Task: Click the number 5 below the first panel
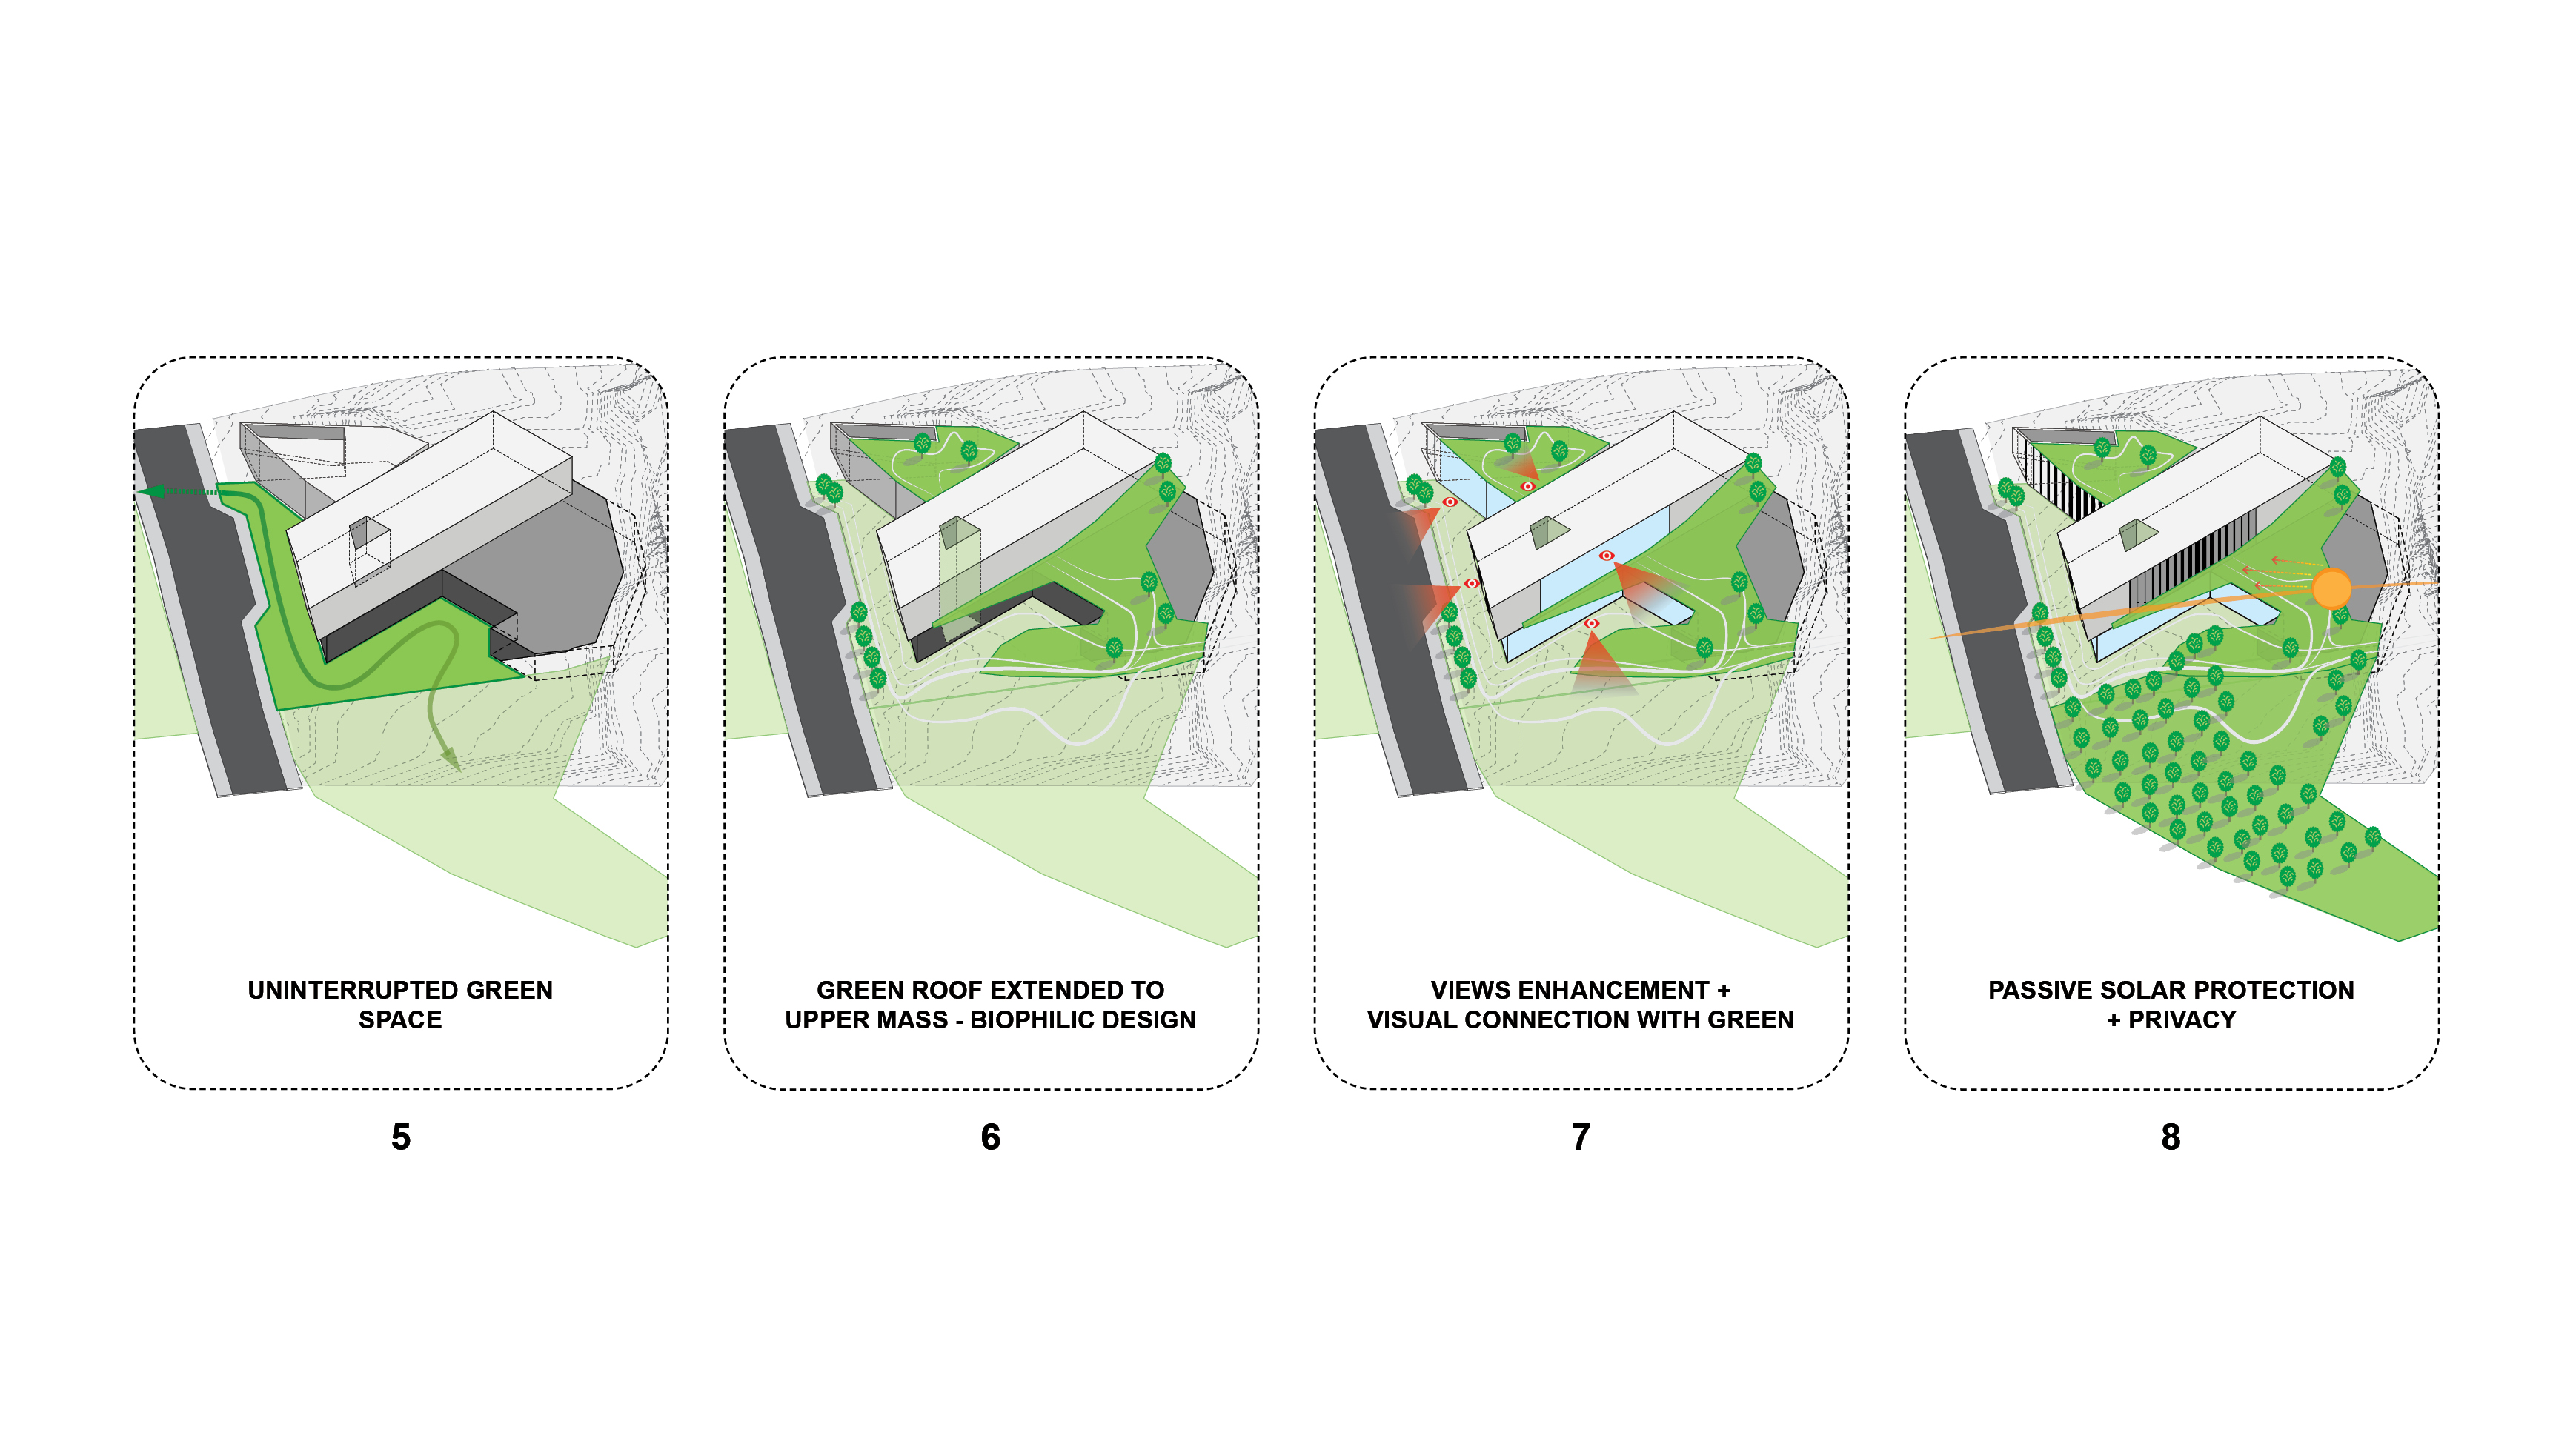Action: click(400, 1137)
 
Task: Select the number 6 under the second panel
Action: click(990, 1137)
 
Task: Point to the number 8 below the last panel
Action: click(2171, 1137)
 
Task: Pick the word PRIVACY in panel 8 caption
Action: click(2182, 1019)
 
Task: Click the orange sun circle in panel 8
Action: click(2331, 588)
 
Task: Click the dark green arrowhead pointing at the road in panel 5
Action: click(151, 491)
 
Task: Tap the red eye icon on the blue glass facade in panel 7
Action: click(1606, 555)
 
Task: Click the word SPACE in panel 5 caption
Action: click(400, 1019)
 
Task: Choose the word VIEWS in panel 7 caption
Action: click(1467, 990)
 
